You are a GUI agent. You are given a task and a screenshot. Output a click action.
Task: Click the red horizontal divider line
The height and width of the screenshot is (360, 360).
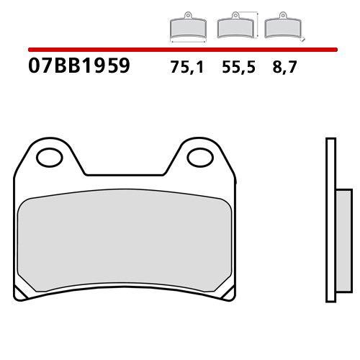[180, 50]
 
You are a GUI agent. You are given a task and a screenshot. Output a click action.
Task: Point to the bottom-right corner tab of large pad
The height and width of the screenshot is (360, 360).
[229, 293]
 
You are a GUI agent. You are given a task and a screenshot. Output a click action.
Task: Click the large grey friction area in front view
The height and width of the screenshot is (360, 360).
[126, 241]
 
